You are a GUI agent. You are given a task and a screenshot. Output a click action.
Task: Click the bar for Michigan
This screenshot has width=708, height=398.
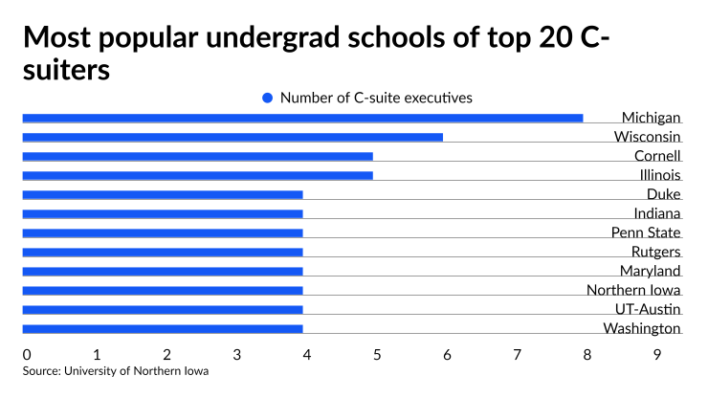302,118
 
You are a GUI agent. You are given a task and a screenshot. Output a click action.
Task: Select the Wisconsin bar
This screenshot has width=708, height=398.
232,137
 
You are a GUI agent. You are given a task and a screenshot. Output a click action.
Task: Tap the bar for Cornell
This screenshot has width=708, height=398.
197,156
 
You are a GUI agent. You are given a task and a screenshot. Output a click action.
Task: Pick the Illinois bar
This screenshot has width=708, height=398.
197,175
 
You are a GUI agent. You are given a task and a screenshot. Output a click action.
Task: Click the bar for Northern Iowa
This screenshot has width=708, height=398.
163,290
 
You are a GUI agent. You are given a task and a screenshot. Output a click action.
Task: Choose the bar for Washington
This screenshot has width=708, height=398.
163,328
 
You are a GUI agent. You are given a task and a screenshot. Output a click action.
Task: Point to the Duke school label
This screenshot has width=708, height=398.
663,194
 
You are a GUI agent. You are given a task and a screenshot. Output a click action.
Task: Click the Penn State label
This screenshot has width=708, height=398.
646,232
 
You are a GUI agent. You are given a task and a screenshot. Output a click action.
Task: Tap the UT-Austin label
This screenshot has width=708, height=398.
648,309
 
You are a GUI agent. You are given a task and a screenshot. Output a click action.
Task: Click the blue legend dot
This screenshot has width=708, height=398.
268,98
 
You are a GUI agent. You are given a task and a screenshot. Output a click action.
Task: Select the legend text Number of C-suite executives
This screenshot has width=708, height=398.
376,98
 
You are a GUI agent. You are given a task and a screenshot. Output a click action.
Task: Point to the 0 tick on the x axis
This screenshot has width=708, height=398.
27,355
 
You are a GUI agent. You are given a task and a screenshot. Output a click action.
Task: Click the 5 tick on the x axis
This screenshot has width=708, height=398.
377,355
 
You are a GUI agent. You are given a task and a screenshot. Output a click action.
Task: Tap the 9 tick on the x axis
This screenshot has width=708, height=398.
657,355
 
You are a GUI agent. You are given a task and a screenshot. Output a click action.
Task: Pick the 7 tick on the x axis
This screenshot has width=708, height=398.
518,355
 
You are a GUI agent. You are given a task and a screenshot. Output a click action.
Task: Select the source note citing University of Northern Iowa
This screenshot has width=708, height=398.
116,371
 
